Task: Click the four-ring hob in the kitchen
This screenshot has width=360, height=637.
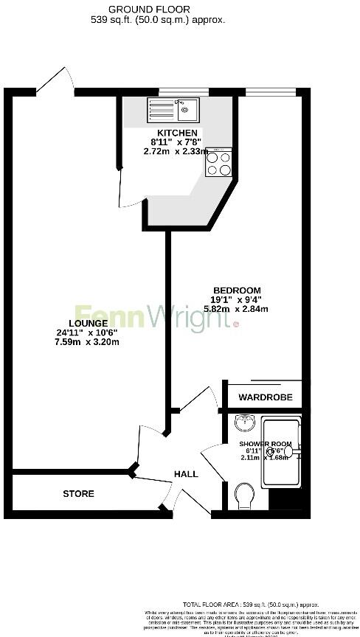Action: (x=220, y=163)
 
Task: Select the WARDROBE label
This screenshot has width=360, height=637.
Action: (x=265, y=397)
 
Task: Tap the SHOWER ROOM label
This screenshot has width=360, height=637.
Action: (x=265, y=445)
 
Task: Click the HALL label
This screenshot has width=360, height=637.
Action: (x=186, y=474)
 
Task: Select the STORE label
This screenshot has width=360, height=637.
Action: (x=78, y=493)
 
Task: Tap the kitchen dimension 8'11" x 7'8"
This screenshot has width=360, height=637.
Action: (x=175, y=142)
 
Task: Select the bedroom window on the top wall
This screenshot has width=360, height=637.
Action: (x=271, y=92)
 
